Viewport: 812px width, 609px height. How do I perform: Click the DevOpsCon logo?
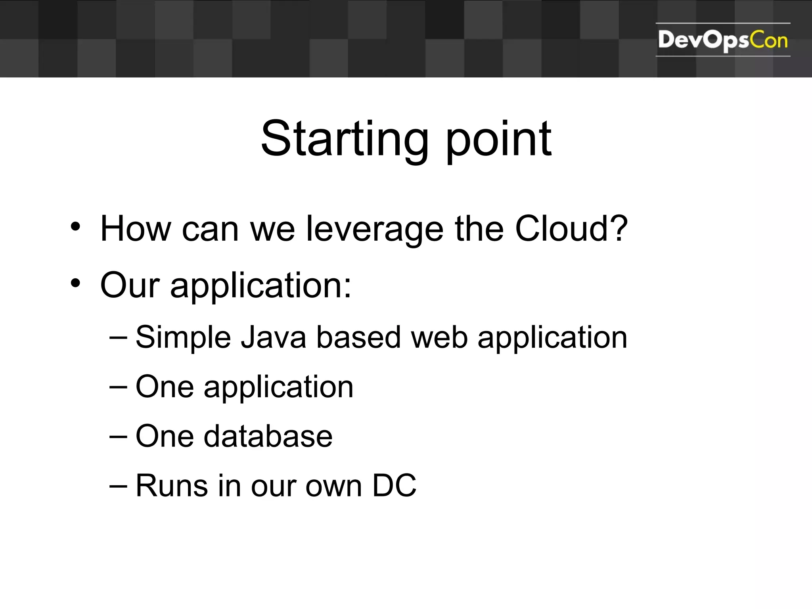click(x=722, y=40)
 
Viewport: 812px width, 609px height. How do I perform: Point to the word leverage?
click(x=375, y=230)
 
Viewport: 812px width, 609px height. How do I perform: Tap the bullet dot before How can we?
click(x=75, y=227)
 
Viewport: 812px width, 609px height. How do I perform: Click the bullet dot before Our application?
click(x=75, y=283)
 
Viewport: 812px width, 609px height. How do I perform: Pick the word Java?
click(x=274, y=337)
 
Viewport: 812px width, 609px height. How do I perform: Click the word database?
click(x=268, y=436)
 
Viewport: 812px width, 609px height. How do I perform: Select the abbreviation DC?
click(x=394, y=485)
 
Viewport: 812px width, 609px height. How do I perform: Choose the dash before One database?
click(x=118, y=437)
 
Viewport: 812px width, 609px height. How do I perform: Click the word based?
click(x=358, y=337)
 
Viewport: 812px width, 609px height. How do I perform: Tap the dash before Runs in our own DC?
click(x=118, y=486)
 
